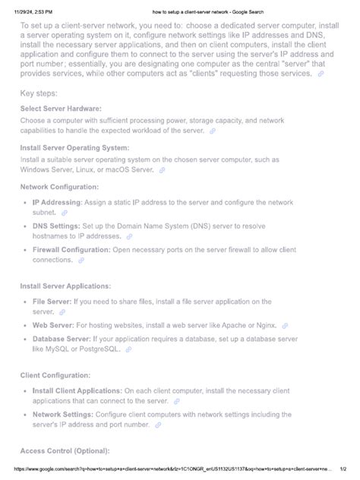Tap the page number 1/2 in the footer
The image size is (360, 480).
coord(342,470)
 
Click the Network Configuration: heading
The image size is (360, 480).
coord(59,186)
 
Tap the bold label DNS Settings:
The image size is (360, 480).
coord(58,226)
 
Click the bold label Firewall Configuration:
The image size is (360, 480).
coord(71,248)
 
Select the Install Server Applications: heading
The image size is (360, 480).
coord(65,286)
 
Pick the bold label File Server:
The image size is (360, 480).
coord(52,302)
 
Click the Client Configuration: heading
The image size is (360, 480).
coord(55,376)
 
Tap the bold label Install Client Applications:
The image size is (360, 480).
coord(78,391)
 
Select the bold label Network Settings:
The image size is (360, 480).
coord(63,415)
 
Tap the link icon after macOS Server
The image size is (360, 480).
coord(162,170)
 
